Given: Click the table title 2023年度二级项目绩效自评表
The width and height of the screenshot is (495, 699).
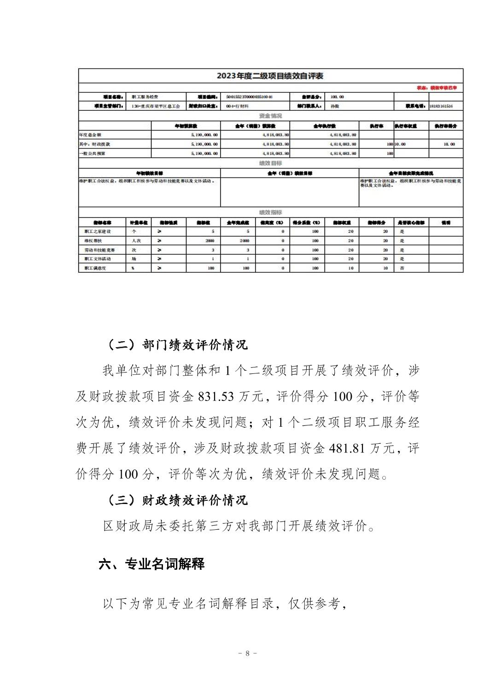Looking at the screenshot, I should (270, 76).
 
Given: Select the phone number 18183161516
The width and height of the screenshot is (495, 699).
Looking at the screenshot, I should (441, 106).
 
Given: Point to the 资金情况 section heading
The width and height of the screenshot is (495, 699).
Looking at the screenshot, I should (270, 116).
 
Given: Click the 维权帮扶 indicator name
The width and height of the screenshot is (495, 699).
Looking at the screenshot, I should (91, 241).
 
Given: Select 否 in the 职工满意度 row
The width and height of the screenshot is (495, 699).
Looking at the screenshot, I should (402, 268).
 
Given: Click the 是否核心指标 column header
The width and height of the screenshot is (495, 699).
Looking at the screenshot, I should (411, 223).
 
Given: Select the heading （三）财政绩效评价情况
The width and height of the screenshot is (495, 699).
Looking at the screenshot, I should (175, 500).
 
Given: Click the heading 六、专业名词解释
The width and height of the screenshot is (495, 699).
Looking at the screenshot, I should (151, 564).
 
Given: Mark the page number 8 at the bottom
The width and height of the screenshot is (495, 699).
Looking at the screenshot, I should (247, 653).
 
